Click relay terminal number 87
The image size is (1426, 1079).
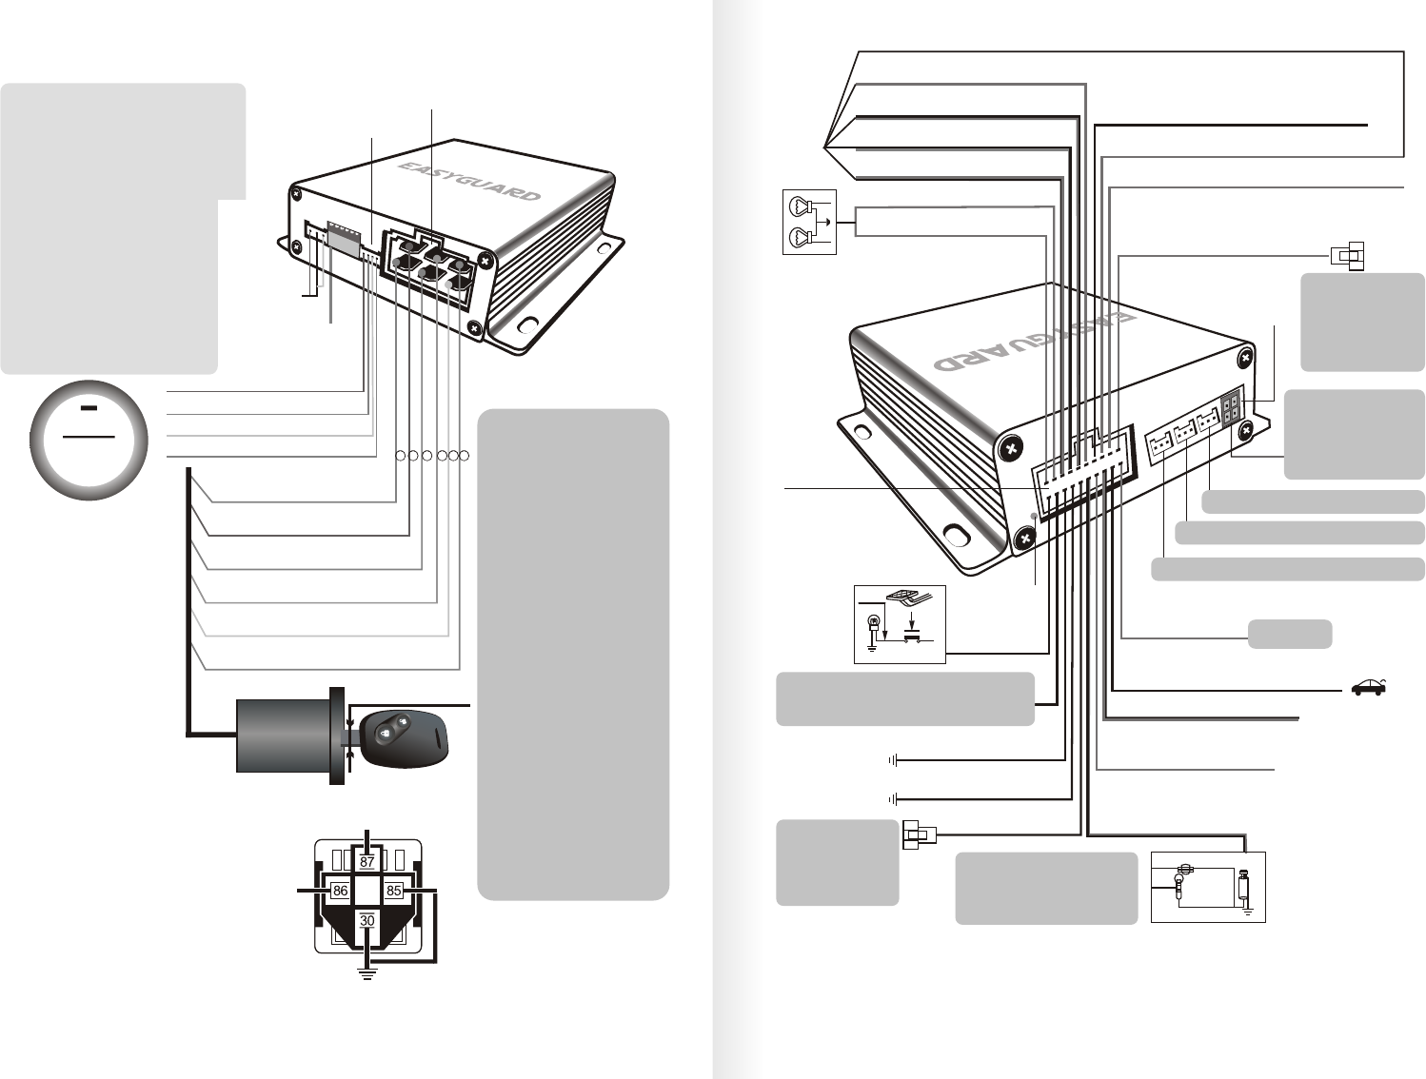367,861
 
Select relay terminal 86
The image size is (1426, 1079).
340,892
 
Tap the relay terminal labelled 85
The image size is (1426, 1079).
393,892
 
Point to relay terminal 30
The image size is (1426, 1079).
367,921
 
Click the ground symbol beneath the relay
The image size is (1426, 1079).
367,973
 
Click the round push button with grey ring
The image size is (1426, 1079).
89,441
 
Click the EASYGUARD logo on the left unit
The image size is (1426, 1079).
466,181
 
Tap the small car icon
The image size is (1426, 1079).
1367,688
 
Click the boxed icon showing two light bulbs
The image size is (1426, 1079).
809,223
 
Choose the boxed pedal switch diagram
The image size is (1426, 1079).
900,624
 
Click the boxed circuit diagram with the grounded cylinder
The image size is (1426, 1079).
1208,887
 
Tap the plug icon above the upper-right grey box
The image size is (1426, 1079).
1346,255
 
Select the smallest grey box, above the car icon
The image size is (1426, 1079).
1289,633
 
